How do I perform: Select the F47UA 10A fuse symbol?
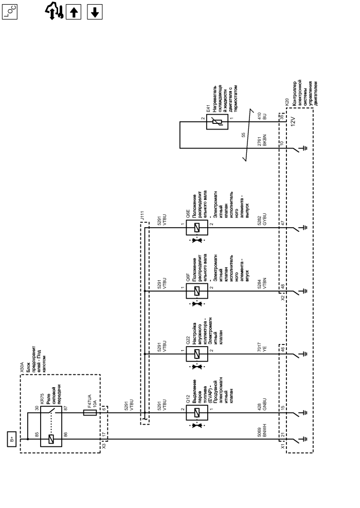(91, 412)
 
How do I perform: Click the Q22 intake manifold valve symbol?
(197, 354)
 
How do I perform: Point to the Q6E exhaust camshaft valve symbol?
(197, 229)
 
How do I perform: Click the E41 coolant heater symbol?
(217, 122)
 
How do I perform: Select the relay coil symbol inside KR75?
(50, 439)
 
